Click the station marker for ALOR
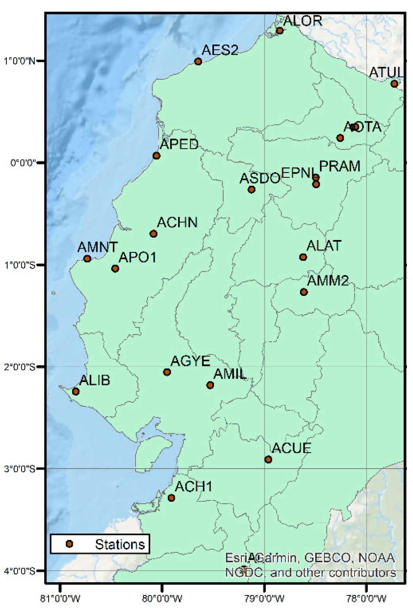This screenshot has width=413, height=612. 280,31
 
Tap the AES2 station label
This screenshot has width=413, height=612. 220,50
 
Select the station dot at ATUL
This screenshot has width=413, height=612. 394,84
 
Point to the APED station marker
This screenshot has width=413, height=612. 156,156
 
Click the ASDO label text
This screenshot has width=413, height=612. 260,178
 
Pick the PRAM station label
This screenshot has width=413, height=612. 340,166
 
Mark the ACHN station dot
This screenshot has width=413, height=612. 153,234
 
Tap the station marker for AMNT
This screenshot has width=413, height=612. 87,259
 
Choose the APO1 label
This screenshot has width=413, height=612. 137,257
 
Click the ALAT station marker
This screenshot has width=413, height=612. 303,257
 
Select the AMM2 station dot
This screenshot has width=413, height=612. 304,292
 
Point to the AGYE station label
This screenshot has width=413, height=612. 190,361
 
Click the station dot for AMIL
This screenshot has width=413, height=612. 210,385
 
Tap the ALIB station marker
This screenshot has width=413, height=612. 76,391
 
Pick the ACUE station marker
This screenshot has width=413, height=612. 268,459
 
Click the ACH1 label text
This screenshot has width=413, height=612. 193,487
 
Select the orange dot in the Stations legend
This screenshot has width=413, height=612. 69,544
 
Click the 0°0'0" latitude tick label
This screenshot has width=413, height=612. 23,162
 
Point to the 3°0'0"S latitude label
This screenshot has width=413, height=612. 20,469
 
